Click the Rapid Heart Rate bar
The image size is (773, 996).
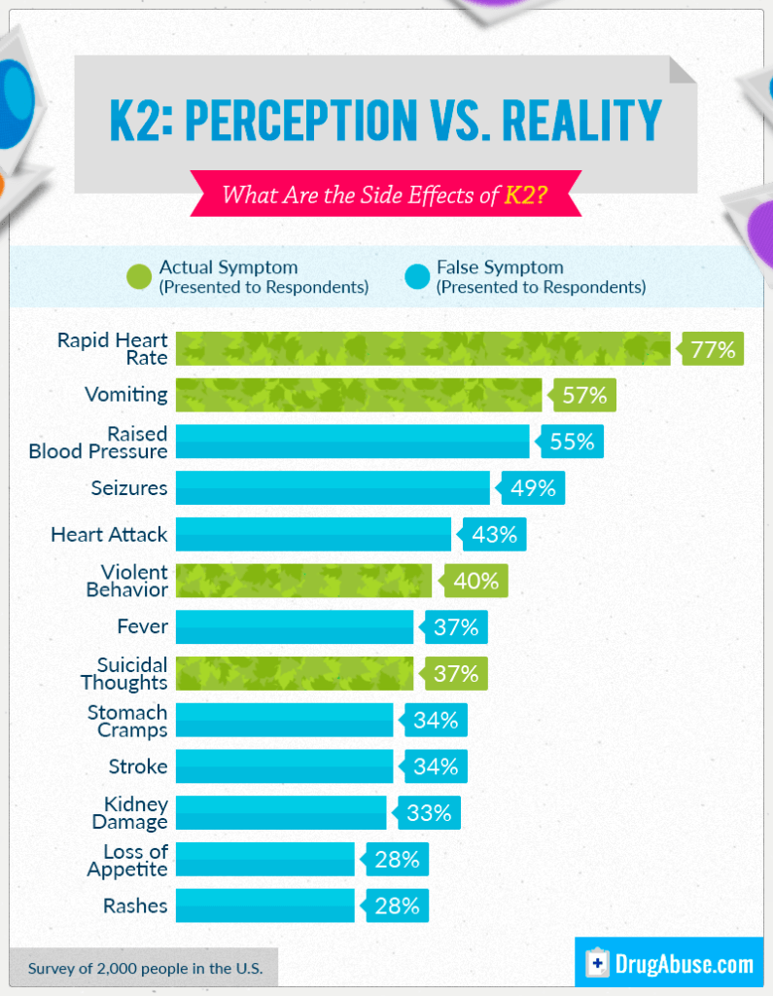pyautogui.click(x=423, y=349)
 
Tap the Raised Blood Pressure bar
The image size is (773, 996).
pyautogui.click(x=352, y=442)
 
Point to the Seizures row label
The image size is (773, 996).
pyautogui.click(x=129, y=488)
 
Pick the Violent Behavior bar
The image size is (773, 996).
pyautogui.click(x=303, y=582)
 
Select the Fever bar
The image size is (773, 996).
pyautogui.click(x=295, y=627)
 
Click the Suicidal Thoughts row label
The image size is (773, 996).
pyautogui.click(x=132, y=674)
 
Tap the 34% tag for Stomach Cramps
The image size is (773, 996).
pyautogui.click(x=434, y=721)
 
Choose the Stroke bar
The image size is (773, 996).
pyautogui.click(x=284, y=766)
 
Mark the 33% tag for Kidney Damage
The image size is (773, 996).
pyautogui.click(x=428, y=813)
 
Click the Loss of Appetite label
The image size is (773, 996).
pyautogui.click(x=127, y=860)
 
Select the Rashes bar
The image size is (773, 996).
pyautogui.click(x=264, y=906)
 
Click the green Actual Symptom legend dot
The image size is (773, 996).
pyautogui.click(x=138, y=276)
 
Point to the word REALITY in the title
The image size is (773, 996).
pyautogui.click(x=577, y=122)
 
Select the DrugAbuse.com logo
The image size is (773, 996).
pyautogui.click(x=670, y=964)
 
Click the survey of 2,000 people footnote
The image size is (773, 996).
pyautogui.click(x=144, y=969)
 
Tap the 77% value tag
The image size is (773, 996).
pyautogui.click(x=712, y=349)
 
